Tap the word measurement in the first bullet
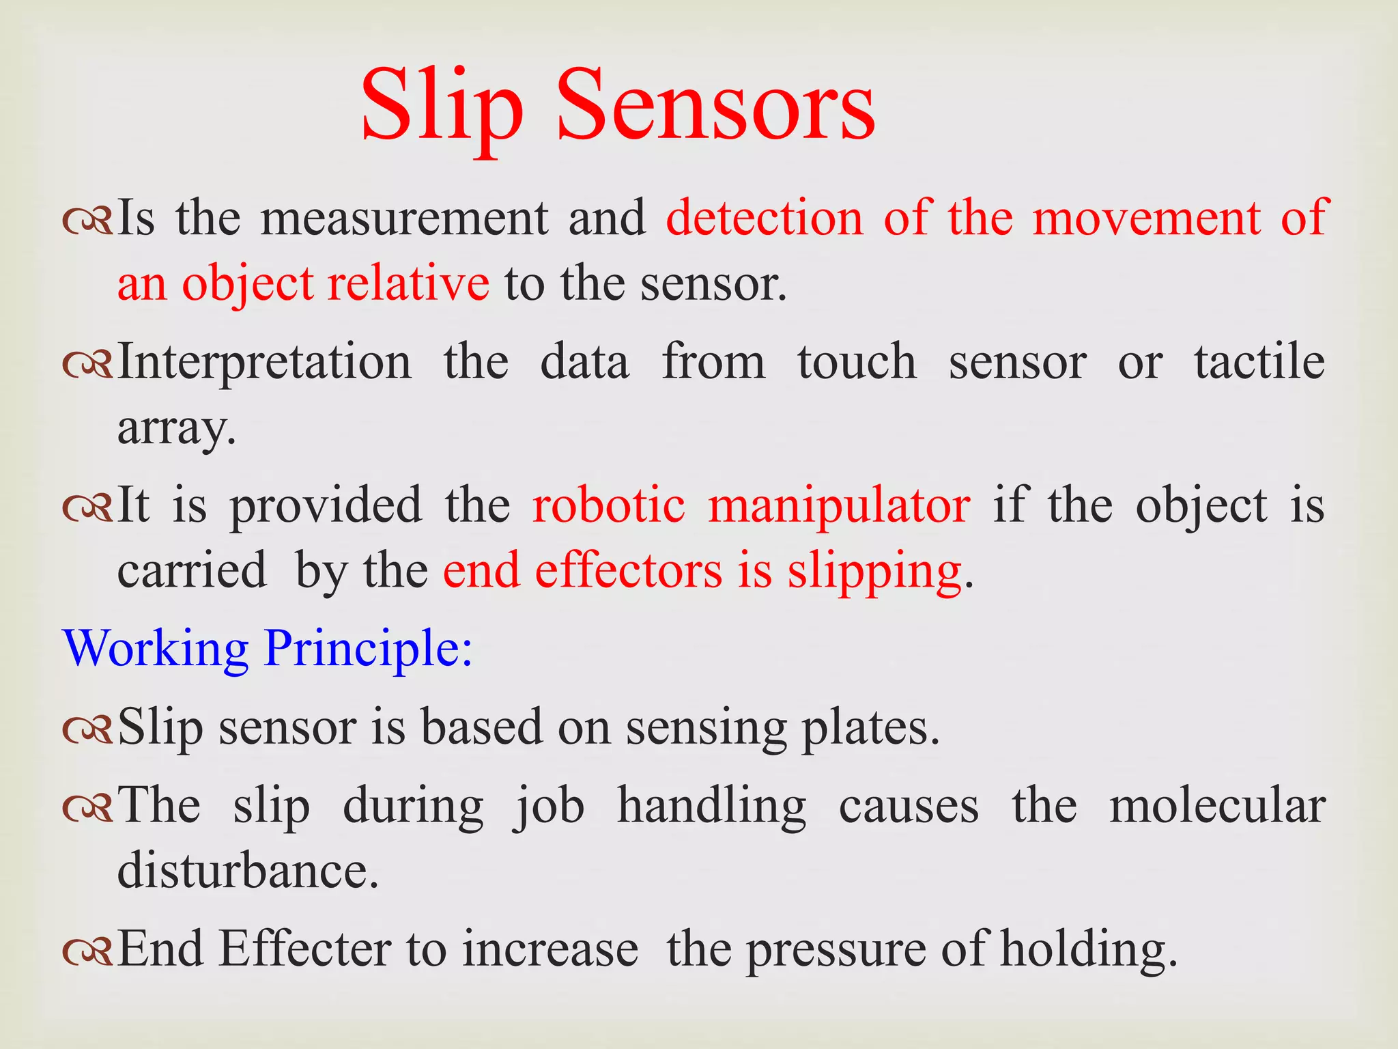coord(404,219)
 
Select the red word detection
coord(765,219)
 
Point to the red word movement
coord(1147,219)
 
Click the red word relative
coord(408,283)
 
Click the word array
coord(176,429)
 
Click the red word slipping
coord(875,571)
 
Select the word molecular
coord(1217,806)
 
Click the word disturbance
coord(248,871)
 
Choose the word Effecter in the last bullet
coord(305,949)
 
